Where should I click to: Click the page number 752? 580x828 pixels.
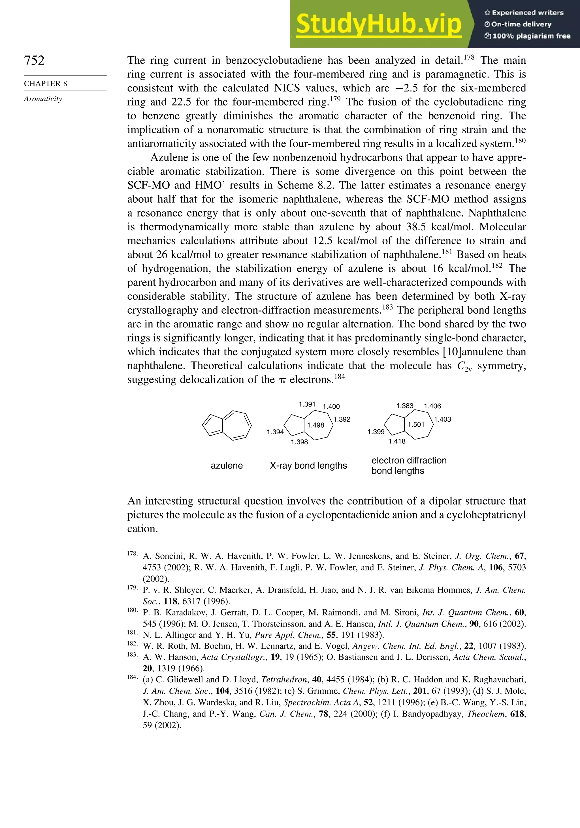(x=34, y=60)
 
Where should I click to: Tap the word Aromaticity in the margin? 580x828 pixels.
(x=43, y=99)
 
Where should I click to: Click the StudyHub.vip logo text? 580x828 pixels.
(x=379, y=24)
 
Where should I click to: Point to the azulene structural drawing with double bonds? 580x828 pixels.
(x=227, y=426)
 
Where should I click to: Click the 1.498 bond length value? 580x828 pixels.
(x=315, y=425)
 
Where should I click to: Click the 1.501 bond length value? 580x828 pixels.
(x=416, y=424)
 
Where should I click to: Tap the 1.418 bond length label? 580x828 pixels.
(x=397, y=441)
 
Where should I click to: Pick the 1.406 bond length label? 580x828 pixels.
(x=432, y=406)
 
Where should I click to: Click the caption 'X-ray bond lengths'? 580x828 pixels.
(x=308, y=466)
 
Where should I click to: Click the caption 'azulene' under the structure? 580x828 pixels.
(x=227, y=466)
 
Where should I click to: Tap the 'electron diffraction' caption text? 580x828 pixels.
(x=409, y=460)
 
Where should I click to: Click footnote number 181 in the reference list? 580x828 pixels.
(x=132, y=632)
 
